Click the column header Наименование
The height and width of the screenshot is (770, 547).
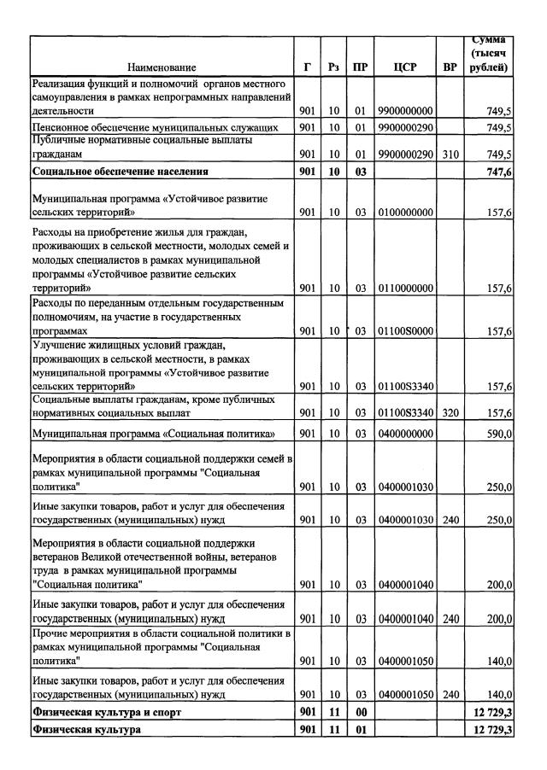point(162,67)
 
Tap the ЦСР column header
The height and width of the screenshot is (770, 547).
point(405,67)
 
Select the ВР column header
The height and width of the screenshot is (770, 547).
point(450,67)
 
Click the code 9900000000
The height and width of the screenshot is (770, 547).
point(405,111)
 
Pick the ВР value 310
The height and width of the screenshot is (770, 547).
point(450,155)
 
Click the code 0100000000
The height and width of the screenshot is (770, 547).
point(405,214)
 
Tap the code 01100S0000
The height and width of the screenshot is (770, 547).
point(405,331)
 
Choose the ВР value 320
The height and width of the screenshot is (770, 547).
point(450,414)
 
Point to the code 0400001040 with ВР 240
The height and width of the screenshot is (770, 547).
point(405,619)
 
